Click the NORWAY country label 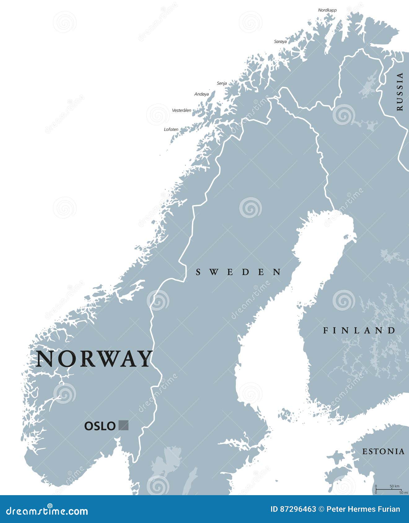click(x=95, y=359)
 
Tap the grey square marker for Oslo click(x=124, y=425)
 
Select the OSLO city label click(x=100, y=426)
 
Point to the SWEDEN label click(x=239, y=272)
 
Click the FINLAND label click(x=359, y=331)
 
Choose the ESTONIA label click(x=383, y=452)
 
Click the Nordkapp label click(x=327, y=10)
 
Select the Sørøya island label click(x=280, y=41)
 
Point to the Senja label click(x=222, y=83)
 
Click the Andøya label click(x=201, y=94)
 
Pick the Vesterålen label click(x=182, y=110)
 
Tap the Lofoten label click(x=171, y=129)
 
